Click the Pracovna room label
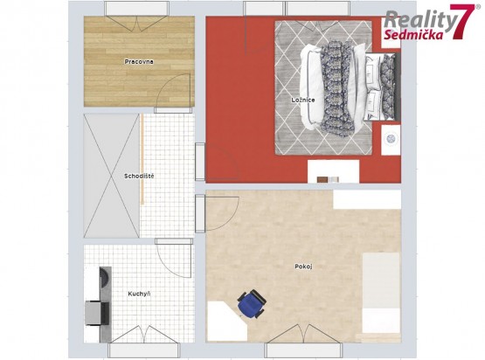(x=139, y=61)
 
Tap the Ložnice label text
(x=303, y=100)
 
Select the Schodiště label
(x=139, y=176)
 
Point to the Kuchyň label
(x=139, y=294)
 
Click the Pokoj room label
(x=303, y=267)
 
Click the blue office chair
(x=252, y=304)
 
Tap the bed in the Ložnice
(x=350, y=86)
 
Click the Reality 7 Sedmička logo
(x=429, y=22)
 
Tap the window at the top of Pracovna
(x=136, y=9)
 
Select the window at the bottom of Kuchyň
(x=144, y=350)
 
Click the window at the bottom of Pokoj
(x=303, y=350)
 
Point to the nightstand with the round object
(x=391, y=140)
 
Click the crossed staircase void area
(x=111, y=176)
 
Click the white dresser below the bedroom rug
(x=334, y=171)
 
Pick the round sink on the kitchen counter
(x=104, y=276)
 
